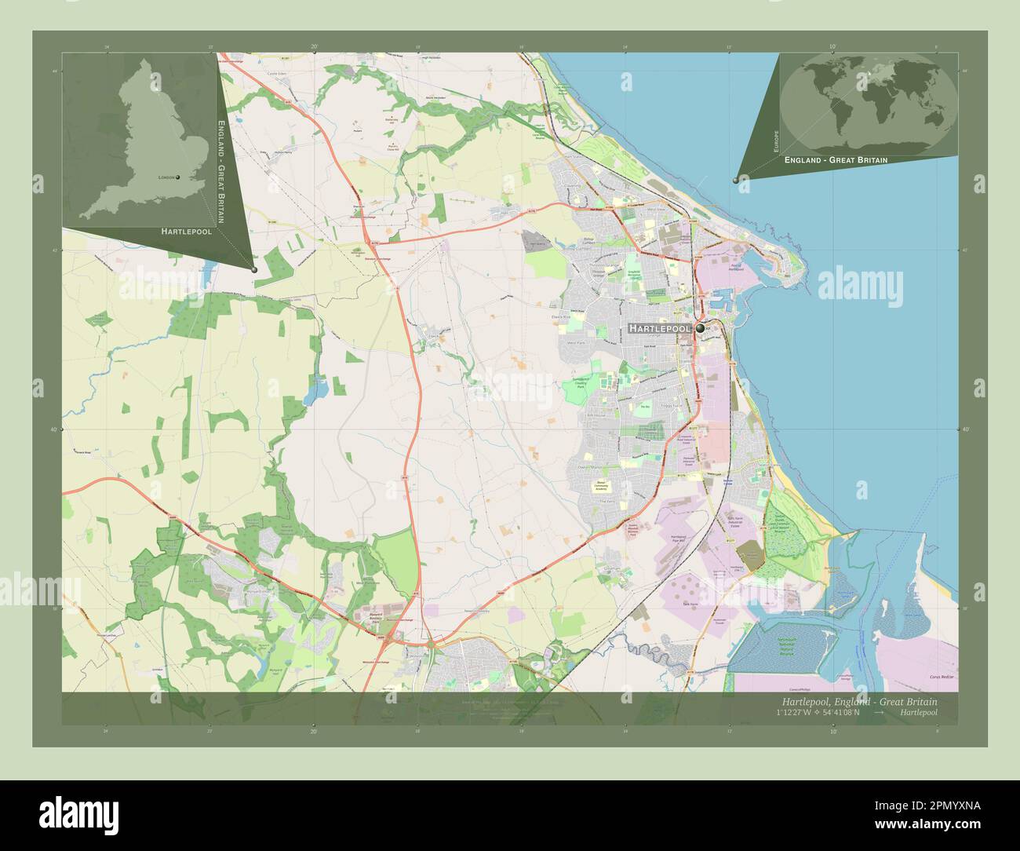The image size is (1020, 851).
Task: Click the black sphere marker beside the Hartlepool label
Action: coord(699,329)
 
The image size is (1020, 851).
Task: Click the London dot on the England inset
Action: coord(177,177)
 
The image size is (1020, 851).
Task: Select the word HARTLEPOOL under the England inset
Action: coord(187,232)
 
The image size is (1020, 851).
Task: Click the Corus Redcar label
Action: coord(939,676)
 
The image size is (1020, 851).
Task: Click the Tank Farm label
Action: coord(690,604)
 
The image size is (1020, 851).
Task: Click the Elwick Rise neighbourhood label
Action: coord(578,311)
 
